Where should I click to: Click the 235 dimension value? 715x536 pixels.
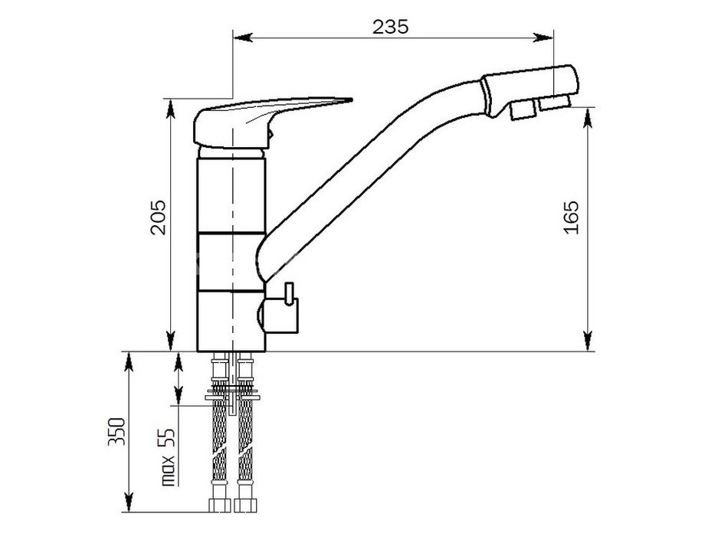(x=391, y=27)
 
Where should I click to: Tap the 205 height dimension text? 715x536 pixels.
(x=158, y=217)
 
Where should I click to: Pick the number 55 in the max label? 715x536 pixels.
(x=169, y=438)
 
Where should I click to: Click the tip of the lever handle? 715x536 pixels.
(x=352, y=100)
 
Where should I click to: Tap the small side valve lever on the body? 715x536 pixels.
(x=288, y=293)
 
